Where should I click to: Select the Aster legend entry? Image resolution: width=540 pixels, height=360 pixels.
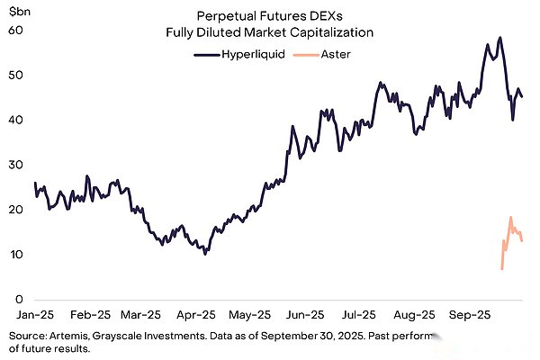point(331,54)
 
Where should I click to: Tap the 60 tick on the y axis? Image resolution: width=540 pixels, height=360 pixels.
point(14,31)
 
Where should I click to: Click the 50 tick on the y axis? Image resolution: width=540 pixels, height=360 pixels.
point(14,76)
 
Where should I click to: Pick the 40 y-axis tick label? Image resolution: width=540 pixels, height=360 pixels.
point(14,121)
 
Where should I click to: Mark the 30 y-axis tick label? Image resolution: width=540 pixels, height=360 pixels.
point(14,166)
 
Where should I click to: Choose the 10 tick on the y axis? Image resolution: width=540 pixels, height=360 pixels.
point(14,256)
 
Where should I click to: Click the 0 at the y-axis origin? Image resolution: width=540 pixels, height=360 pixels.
point(18,300)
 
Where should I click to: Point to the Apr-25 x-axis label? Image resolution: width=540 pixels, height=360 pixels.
point(196,317)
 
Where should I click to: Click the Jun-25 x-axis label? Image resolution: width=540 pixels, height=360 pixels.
point(306,317)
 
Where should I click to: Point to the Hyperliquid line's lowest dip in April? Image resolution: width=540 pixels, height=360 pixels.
point(205,254)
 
